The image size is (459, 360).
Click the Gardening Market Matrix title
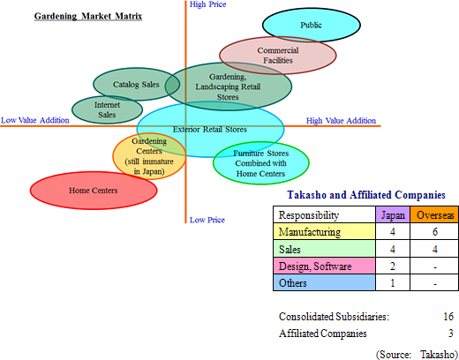(88, 16)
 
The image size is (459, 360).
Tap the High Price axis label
(207, 4)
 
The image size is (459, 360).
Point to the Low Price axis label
(207, 220)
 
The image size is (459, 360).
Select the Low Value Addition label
(35, 120)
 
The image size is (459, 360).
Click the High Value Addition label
(341, 121)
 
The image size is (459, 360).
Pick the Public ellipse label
(311, 25)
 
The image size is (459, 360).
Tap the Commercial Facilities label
(278, 56)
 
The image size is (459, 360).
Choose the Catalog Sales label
(136, 85)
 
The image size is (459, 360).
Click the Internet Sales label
(107, 109)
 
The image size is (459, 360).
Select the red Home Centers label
(94, 191)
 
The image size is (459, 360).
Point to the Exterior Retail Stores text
(210, 130)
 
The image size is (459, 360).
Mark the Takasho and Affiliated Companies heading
(366, 195)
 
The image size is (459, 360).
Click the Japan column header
(393, 215)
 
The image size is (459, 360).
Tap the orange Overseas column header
(435, 215)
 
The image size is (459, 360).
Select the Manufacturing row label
(310, 232)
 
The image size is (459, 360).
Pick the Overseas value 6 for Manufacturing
(435, 232)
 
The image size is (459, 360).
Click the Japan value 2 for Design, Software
(393, 266)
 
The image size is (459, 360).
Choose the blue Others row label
(293, 283)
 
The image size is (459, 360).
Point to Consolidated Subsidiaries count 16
(448, 317)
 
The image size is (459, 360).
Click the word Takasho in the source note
(438, 354)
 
